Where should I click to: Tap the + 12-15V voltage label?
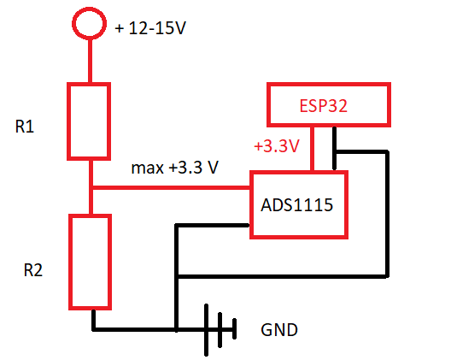[x=150, y=28]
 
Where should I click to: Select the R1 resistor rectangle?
[x=68, y=121]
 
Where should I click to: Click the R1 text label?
[x=25, y=127]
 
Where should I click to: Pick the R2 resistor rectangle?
[x=70, y=262]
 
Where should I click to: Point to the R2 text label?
[x=33, y=270]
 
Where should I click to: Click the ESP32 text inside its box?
[x=323, y=106]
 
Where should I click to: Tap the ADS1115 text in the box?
[x=297, y=205]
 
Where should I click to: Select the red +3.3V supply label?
[x=277, y=145]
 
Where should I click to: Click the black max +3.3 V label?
[x=175, y=168]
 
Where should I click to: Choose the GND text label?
[x=279, y=330]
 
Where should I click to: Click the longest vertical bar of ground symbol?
[x=206, y=330]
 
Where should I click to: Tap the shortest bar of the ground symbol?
[x=234, y=328]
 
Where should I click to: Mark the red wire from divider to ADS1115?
[x=171, y=188]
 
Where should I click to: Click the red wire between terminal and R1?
[x=90, y=61]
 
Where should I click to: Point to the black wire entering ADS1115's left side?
[x=213, y=226]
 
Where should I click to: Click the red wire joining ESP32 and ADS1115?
[x=312, y=149]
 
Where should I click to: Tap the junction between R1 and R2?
[x=91, y=188]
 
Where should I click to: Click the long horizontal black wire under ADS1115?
[x=284, y=276]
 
